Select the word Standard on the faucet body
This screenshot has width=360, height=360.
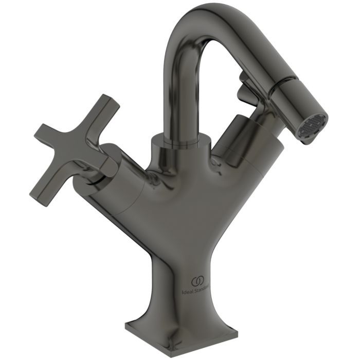point(205,291)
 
